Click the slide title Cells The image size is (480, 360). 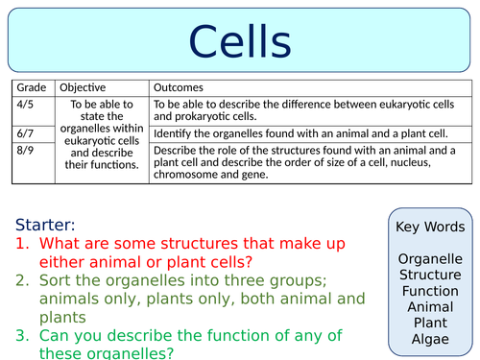point(239,41)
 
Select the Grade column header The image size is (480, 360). point(32,87)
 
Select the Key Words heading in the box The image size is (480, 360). point(430,228)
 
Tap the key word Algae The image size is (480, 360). point(430,340)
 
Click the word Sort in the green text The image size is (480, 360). point(56,281)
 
